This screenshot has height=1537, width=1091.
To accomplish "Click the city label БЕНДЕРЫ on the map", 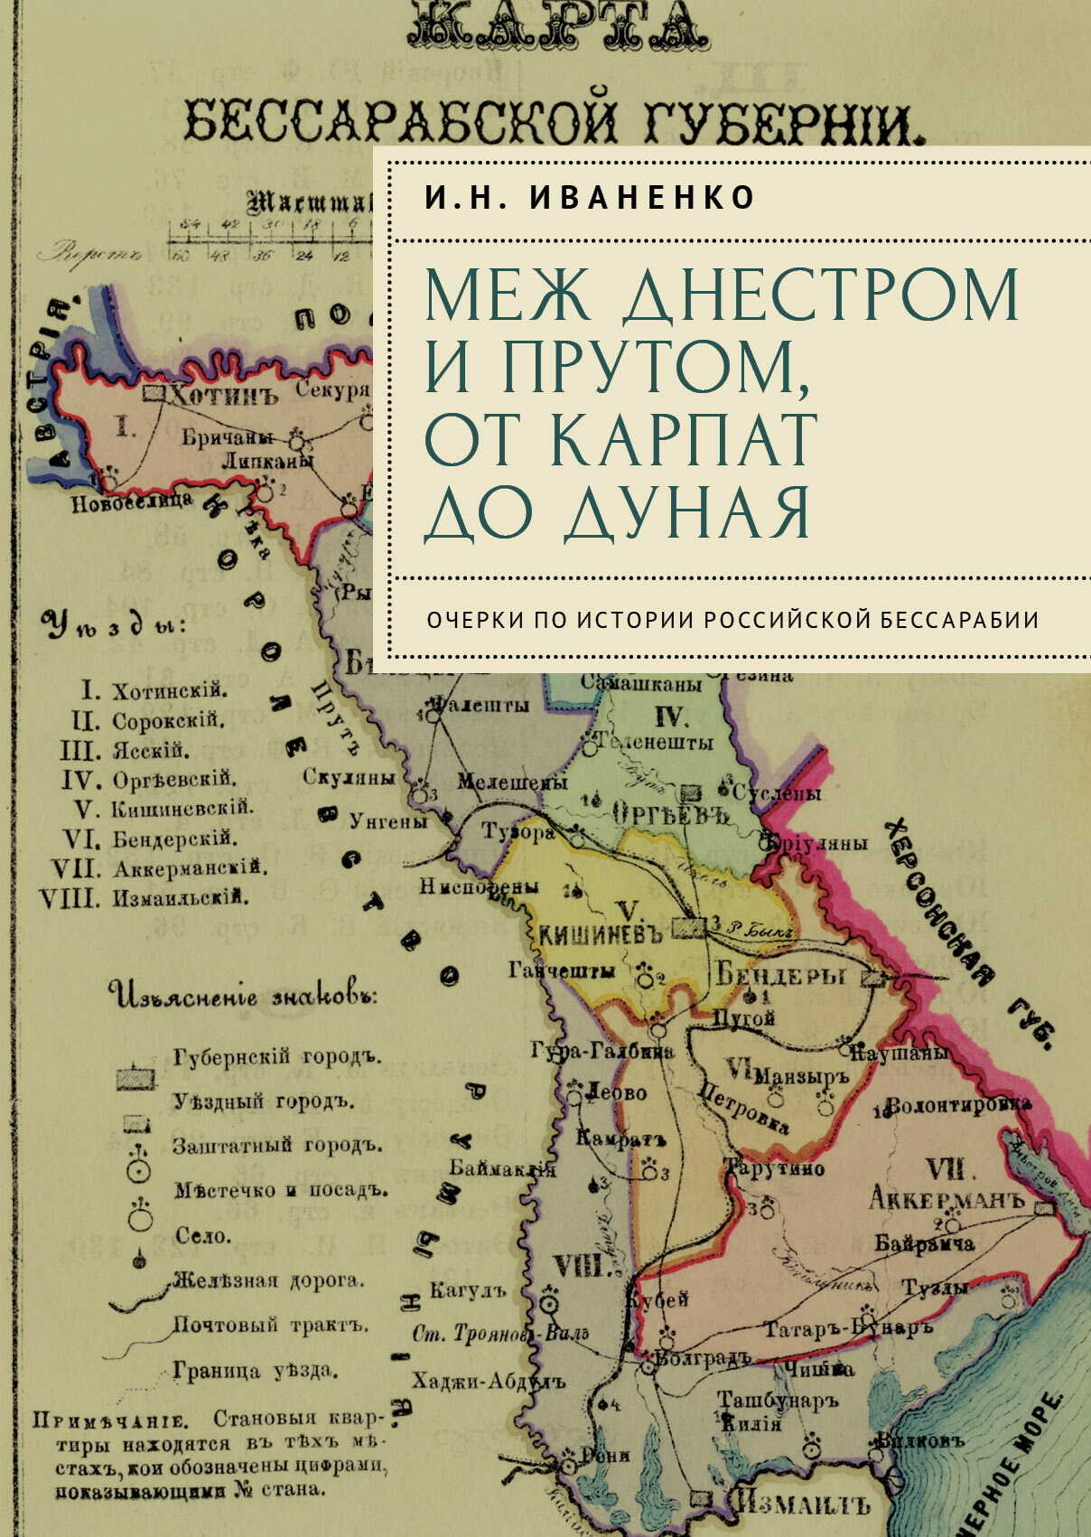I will (781, 975).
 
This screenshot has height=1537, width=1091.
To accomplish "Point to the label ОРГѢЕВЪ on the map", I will (670, 814).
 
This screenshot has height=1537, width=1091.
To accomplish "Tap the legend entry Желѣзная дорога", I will (268, 1280).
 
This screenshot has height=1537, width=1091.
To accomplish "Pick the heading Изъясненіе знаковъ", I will (244, 996).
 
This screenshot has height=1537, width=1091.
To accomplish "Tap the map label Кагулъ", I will (468, 1290).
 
